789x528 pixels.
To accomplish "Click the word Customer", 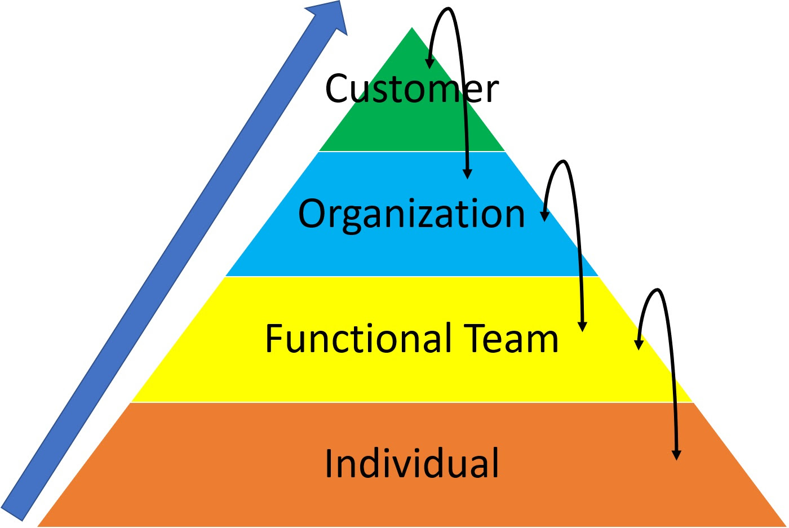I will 412,89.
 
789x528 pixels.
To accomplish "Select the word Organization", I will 411,214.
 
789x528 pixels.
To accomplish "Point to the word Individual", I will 412,463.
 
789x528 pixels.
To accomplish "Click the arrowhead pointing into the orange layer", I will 677,455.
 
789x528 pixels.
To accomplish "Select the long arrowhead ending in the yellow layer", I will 583,326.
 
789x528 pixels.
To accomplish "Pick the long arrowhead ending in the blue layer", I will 467,174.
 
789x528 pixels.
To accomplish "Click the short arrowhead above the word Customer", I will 430,63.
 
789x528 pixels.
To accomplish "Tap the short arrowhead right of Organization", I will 545,216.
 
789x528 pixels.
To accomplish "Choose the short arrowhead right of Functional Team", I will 639,344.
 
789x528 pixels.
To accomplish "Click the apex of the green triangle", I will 412,28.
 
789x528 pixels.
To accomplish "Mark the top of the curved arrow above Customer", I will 448,9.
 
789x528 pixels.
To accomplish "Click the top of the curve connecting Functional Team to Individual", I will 657,291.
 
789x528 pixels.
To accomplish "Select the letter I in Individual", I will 329,463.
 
